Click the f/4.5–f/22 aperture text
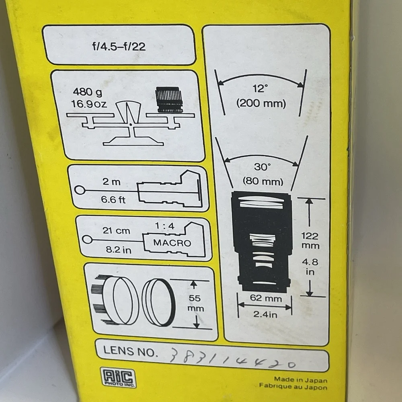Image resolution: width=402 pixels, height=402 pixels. [x=119, y=46]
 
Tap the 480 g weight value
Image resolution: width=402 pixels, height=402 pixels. [x=87, y=92]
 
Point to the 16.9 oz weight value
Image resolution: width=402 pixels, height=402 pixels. [x=89, y=104]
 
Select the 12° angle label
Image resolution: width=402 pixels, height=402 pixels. [x=260, y=88]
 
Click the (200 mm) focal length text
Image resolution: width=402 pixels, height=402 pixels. [x=261, y=104]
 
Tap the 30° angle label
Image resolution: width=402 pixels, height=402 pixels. [x=262, y=167]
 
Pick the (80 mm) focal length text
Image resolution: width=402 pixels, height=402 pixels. [x=263, y=182]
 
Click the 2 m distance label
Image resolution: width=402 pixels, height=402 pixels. [x=111, y=182]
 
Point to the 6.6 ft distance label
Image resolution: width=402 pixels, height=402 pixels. [x=113, y=199]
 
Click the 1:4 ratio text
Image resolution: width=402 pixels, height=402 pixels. [x=164, y=226]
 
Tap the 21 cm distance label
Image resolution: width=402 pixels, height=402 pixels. [x=117, y=230]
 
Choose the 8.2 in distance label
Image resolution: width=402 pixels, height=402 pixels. [x=119, y=250]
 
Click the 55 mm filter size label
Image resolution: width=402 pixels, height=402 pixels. [x=195, y=303]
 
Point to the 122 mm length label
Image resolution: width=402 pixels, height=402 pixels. [x=310, y=240]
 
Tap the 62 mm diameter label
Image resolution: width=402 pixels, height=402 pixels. [x=266, y=298]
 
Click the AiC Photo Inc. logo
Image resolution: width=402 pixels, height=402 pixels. [x=118, y=377]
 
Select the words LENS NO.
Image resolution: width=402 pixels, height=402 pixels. [x=130, y=351]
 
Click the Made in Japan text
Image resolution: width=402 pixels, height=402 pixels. [x=300, y=380]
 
